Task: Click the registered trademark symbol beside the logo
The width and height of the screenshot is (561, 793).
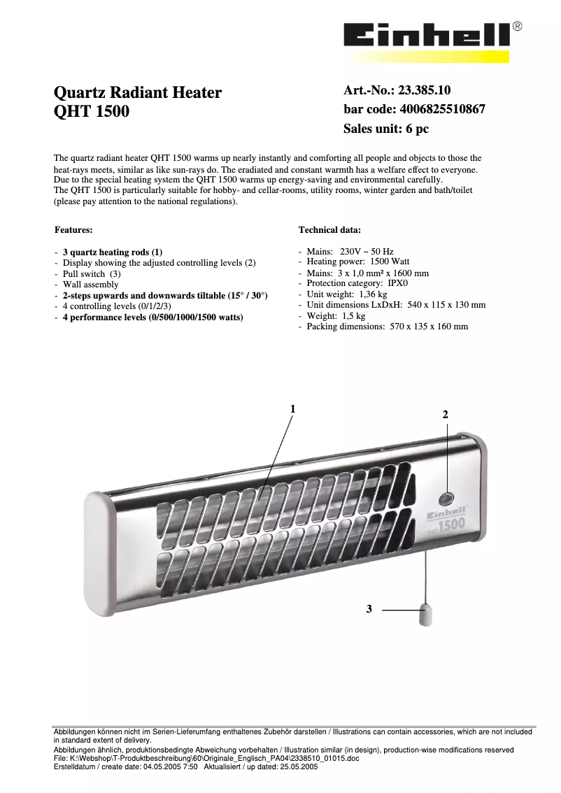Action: [517, 27]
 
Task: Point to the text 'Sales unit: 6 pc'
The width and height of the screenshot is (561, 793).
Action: [385, 129]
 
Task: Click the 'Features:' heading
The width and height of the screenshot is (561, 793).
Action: [73, 229]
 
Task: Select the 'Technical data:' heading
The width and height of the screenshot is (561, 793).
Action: [329, 229]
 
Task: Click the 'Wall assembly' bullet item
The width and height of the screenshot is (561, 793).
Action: [91, 285]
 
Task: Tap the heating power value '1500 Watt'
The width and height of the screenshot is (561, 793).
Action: [390, 262]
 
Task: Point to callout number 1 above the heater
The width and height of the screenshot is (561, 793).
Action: [294, 408]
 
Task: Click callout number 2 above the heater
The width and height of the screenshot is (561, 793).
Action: [445, 415]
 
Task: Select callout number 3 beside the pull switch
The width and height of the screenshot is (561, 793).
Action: [369, 610]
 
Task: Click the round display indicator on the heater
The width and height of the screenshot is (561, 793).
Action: [446, 499]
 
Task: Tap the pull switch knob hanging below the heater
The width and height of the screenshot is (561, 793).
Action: [424, 615]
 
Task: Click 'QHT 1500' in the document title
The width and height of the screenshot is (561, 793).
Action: [92, 111]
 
